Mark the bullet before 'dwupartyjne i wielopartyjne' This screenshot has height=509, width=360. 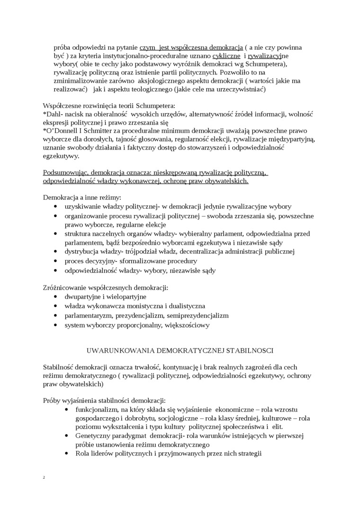click(x=57, y=297)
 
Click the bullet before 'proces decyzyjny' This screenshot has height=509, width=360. click(x=57, y=261)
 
